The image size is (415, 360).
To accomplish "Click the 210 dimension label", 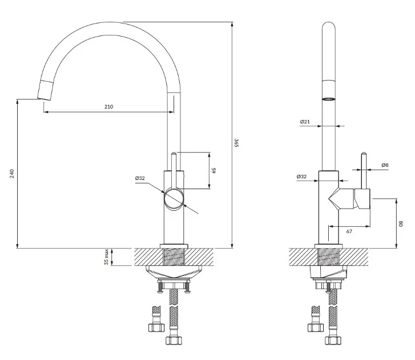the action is (x=108, y=106).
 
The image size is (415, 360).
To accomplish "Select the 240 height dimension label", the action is (x=12, y=174).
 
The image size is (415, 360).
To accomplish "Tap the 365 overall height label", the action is (x=237, y=142).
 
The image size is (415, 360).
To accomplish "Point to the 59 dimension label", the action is (x=214, y=170).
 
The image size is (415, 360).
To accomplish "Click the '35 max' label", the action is (x=106, y=257).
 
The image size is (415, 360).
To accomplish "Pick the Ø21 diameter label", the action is (x=305, y=122).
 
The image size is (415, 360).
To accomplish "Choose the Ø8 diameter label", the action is (x=385, y=165).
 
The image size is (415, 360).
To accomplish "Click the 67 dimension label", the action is (x=349, y=231).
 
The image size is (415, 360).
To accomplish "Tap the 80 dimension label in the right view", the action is (x=401, y=224).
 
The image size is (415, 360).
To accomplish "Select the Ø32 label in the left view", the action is (x=140, y=178).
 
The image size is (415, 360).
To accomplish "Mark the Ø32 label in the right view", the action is (x=301, y=177).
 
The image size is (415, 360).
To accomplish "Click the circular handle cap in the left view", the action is (x=174, y=199).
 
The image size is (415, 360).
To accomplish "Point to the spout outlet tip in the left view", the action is (x=43, y=99).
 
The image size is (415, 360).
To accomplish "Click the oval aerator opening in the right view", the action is (x=329, y=99).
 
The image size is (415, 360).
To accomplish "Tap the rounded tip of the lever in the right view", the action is (x=364, y=153).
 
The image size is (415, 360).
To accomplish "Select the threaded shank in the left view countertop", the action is (x=174, y=257).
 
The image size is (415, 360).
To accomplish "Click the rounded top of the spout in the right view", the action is (x=329, y=25).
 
